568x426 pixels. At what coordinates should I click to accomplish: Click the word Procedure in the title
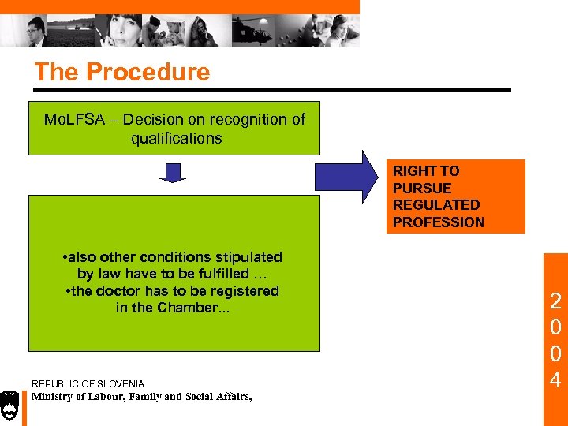click(x=148, y=73)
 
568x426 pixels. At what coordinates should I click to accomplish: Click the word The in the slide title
click(x=57, y=73)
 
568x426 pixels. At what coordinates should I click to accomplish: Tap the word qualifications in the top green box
click(x=176, y=138)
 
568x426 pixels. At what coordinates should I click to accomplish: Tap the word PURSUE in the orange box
click(x=422, y=189)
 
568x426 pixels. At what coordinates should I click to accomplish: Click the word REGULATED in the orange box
click(x=436, y=205)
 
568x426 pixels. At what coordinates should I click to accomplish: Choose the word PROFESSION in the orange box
click(x=439, y=222)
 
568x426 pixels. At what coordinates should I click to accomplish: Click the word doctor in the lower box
click(x=118, y=291)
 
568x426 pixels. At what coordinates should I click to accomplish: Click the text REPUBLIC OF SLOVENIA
click(x=88, y=384)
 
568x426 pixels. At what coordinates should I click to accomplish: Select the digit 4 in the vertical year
click(x=555, y=380)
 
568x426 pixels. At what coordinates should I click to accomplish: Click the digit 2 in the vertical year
click(x=555, y=301)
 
